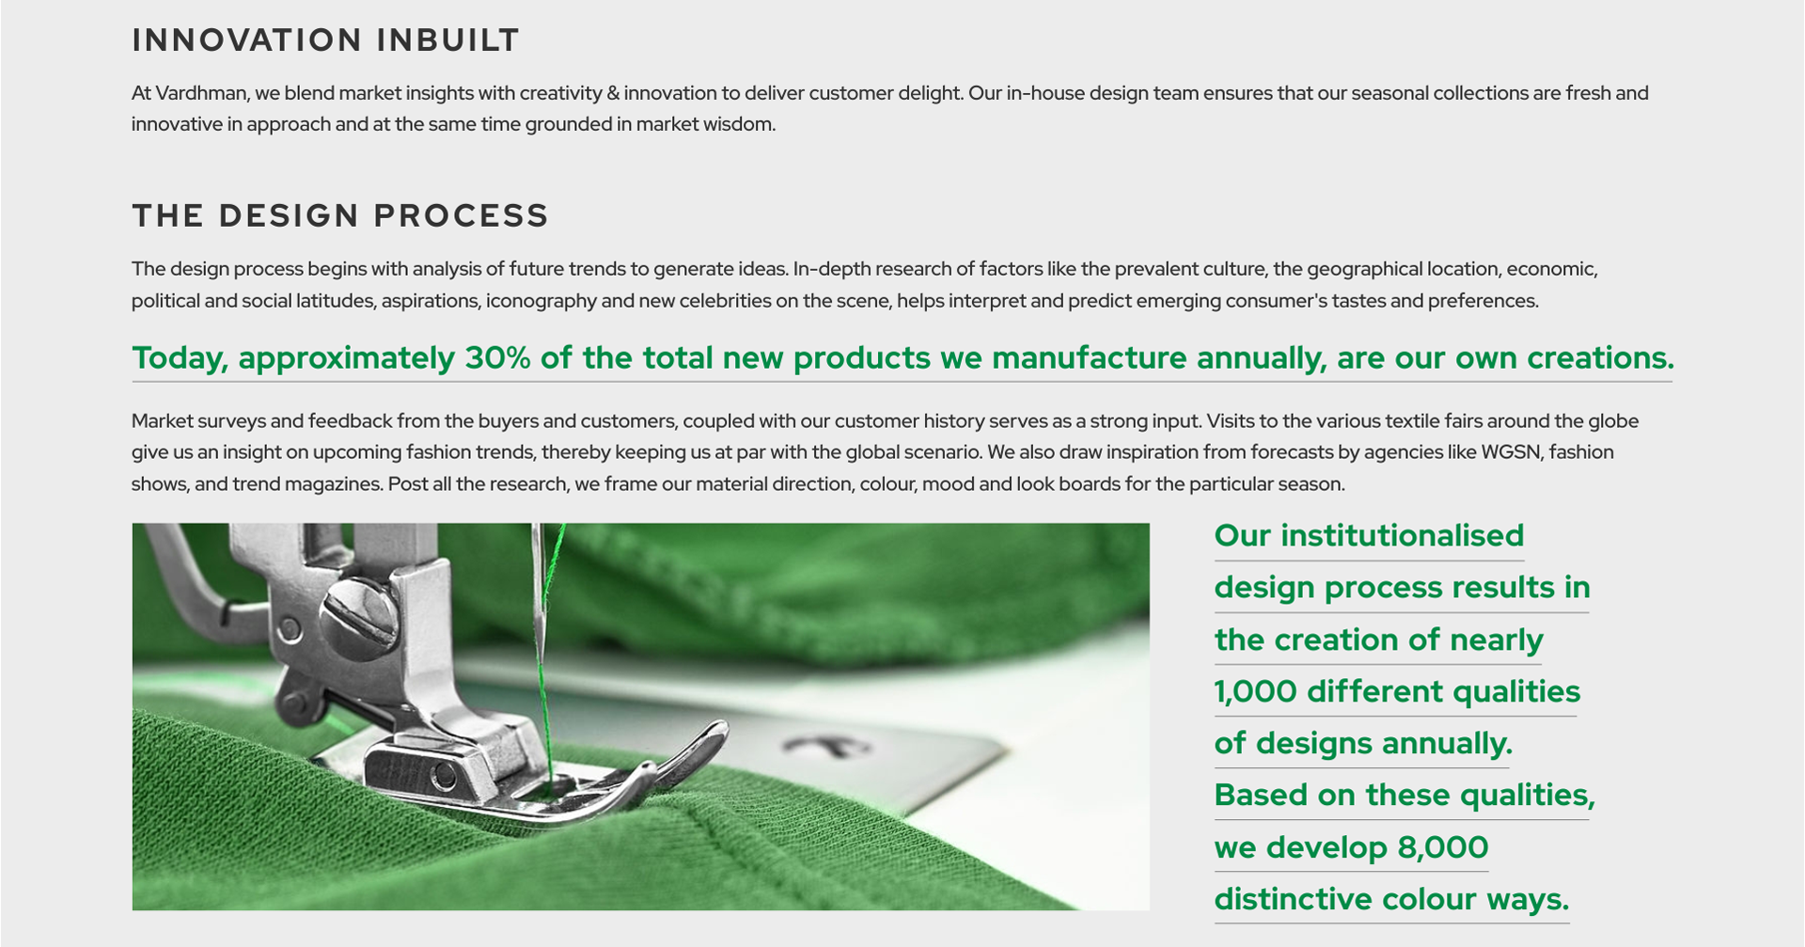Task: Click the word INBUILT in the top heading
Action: [447, 40]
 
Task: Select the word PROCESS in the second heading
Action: [461, 215]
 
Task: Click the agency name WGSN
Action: [1512, 452]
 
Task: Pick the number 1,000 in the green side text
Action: [1256, 692]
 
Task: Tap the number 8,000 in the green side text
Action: [1443, 847]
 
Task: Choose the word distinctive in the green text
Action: [1297, 899]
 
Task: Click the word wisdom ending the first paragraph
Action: [739, 124]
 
